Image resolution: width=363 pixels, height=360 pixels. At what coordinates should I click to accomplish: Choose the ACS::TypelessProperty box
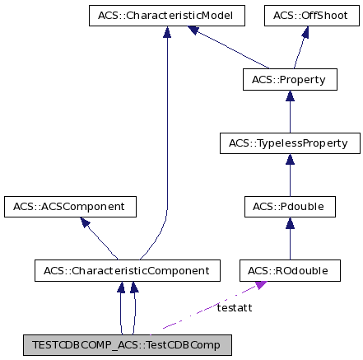click(x=290, y=144)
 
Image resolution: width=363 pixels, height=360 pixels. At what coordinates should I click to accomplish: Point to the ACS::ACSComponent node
click(x=69, y=206)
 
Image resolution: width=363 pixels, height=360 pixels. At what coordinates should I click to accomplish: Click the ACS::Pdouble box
click(x=290, y=206)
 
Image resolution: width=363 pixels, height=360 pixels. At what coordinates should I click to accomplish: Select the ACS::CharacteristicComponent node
click(x=128, y=269)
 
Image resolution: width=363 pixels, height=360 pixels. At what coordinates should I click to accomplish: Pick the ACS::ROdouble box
click(x=290, y=269)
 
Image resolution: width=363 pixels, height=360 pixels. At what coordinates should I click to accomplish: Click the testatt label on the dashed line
click(x=235, y=308)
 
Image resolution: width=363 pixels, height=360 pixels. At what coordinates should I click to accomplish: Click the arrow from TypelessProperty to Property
click(x=290, y=112)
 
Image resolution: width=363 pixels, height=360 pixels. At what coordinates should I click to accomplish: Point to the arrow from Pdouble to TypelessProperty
click(x=290, y=175)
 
